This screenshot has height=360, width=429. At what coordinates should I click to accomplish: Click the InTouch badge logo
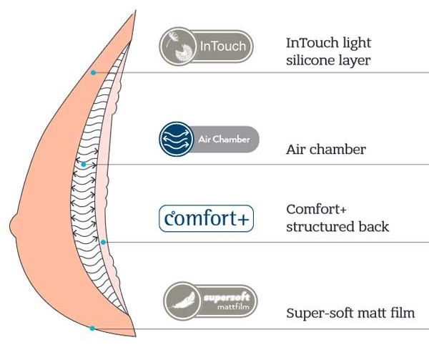click(206, 47)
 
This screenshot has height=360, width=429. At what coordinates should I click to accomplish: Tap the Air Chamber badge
click(206, 139)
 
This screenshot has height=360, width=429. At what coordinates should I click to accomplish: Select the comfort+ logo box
click(206, 219)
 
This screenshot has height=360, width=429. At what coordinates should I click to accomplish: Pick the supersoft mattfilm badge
click(210, 300)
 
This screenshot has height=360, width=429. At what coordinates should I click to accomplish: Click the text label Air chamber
click(326, 150)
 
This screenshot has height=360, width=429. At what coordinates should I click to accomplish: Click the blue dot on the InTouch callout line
click(93, 72)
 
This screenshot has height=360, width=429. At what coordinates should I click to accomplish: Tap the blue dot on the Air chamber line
click(84, 165)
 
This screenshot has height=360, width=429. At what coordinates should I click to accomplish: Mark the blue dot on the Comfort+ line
click(104, 242)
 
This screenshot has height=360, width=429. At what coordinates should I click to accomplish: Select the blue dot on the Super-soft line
click(92, 328)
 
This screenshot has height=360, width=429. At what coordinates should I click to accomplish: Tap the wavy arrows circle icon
click(175, 139)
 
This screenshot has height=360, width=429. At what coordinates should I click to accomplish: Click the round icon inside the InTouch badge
click(178, 47)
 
